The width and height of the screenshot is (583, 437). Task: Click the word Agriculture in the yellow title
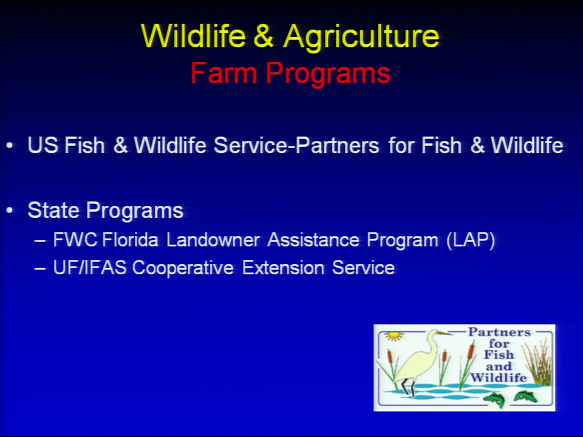[361, 36]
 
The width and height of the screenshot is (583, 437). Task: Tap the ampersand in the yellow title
[264, 36]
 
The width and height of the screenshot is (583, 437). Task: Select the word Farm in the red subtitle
[223, 73]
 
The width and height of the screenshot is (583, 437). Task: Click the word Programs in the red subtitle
[328, 74]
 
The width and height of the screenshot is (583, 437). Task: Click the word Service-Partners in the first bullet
[296, 145]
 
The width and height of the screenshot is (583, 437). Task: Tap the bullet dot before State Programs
[10, 211]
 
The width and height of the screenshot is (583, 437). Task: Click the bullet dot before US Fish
[10, 146]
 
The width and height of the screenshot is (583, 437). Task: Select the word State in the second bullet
[53, 211]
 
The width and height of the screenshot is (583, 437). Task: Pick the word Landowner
[213, 240]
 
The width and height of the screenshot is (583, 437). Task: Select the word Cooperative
[183, 268]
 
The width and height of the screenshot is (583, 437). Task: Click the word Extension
[283, 268]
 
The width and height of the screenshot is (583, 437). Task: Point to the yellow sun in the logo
[394, 336]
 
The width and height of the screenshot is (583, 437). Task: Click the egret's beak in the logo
[444, 333]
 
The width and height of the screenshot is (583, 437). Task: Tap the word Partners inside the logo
[499, 332]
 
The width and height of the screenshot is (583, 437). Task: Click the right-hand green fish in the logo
[525, 396]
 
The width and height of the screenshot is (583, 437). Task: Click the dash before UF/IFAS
[40, 268]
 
